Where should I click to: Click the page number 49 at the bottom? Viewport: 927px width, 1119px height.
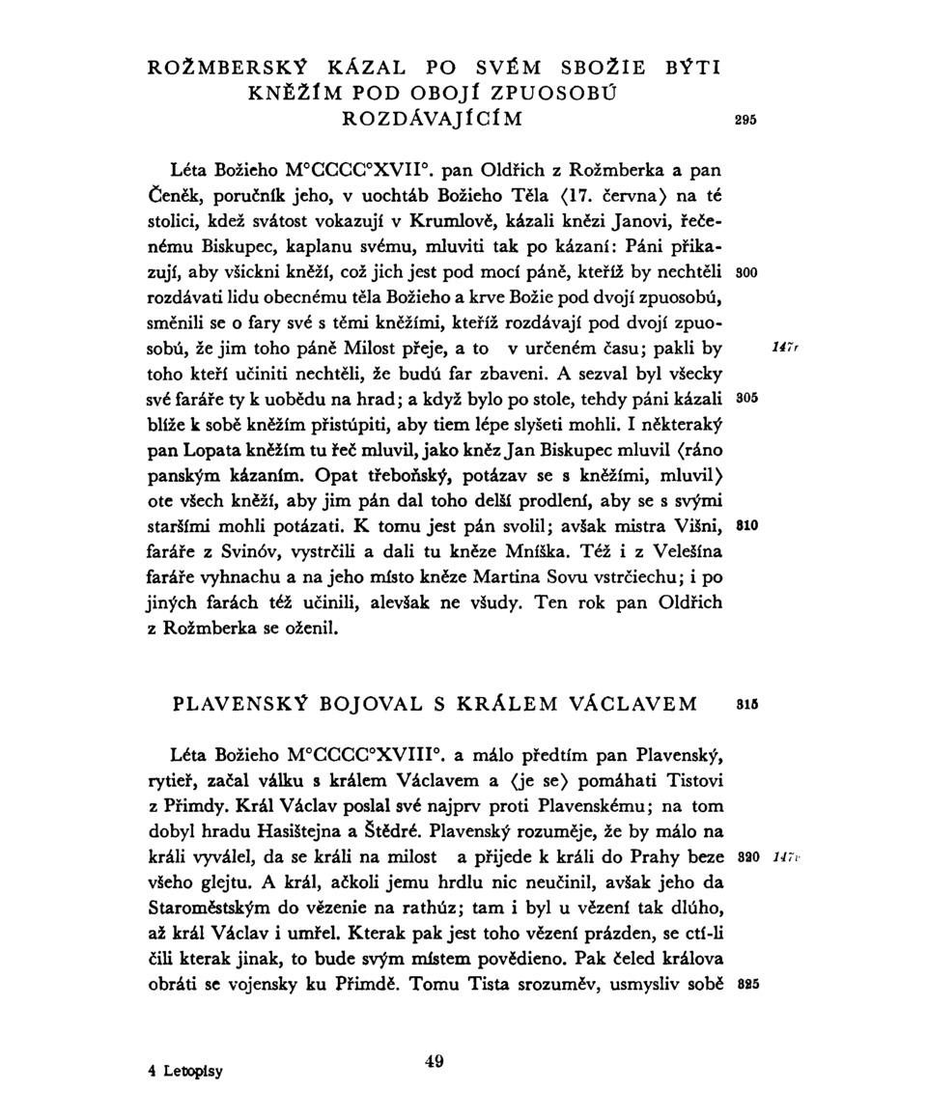[x=434, y=1062]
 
